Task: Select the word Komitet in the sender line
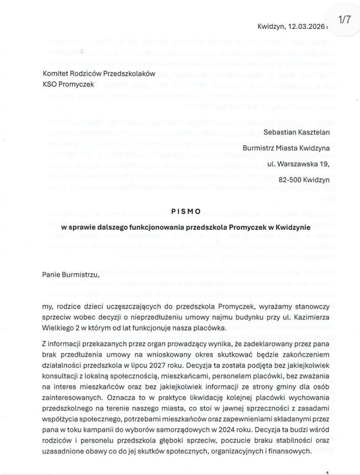click(x=56, y=73)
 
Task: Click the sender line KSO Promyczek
click(x=68, y=84)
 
